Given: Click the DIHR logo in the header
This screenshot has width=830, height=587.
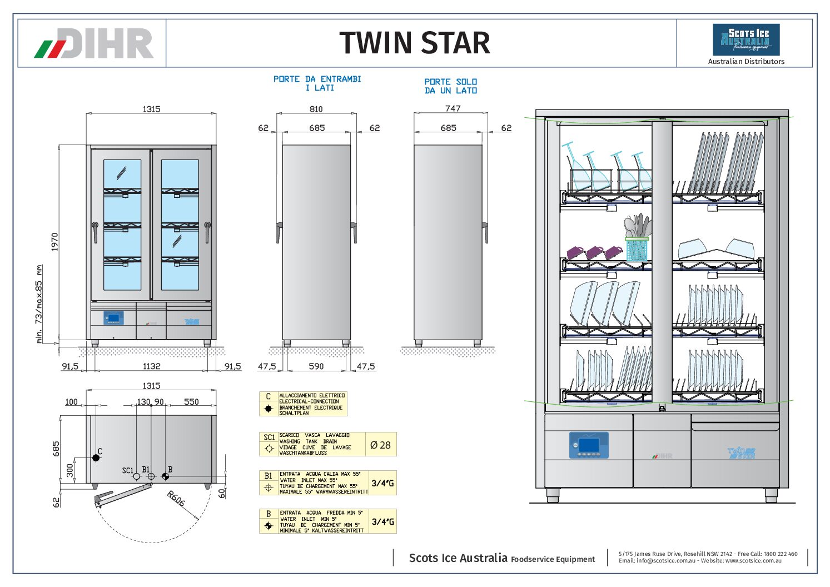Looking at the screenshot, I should coord(94,43).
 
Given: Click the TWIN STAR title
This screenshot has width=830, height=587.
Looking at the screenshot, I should coord(415,43).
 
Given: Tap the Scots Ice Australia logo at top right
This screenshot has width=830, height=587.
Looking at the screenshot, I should coord(746,39).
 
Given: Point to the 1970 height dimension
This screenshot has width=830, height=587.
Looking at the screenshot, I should coord(54,242).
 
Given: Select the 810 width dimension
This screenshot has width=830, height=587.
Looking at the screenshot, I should coord(316,110).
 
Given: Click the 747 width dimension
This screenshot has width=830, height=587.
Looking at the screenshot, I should coord(453,108).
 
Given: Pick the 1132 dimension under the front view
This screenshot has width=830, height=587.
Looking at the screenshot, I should coord(151,366).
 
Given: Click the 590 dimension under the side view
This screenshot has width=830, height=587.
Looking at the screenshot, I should coord(316,366).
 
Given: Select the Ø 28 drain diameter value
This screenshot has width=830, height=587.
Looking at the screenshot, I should coord(381,445).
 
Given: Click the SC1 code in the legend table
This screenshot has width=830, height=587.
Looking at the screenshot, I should coord(269,437).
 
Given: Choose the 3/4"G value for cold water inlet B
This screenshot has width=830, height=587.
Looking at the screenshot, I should coord(382,521).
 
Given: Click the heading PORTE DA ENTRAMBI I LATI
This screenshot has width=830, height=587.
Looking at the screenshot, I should coord(317,83).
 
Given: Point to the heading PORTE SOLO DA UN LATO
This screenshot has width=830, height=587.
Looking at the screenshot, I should coord(451,86).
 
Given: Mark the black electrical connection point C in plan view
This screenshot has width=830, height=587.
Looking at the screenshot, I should coord(96,458).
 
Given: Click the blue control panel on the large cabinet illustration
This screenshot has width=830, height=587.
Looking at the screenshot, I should coord(589,445).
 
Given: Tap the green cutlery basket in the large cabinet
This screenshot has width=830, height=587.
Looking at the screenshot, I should coord(637,250).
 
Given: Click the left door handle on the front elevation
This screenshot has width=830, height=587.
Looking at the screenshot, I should coord(95,232).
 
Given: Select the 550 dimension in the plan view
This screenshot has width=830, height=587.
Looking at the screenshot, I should coord(191,402).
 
